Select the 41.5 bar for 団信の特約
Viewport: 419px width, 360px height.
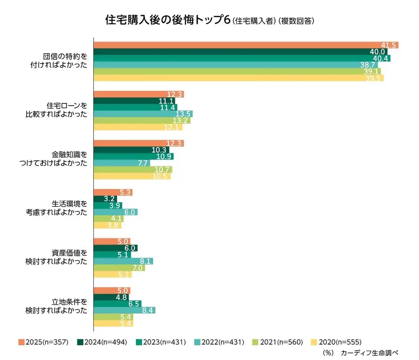tap(246, 45)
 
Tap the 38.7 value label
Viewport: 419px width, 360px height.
tap(368, 65)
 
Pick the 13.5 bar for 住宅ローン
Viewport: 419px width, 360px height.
tap(143, 114)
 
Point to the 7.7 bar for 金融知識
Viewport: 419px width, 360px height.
tap(122, 163)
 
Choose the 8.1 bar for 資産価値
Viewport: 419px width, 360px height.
tap(123, 261)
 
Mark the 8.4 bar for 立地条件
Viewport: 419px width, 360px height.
tap(124, 310)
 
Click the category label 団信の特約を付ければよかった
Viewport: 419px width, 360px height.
tap(59, 61)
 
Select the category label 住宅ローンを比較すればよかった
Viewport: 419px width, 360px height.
tap(56, 110)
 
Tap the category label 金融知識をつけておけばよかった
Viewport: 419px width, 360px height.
tap(53, 159)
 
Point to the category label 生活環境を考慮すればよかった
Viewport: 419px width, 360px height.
tap(56, 208)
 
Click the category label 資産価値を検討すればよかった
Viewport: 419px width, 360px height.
tap(56, 257)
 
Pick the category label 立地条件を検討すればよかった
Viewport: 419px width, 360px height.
tap(56, 306)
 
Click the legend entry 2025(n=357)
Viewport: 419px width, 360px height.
tap(44, 342)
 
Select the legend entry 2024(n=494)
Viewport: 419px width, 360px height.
tap(102, 342)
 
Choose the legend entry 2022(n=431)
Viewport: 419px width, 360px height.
tap(219, 342)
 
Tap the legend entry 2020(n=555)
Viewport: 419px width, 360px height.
tap(337, 342)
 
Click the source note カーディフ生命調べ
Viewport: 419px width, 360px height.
tap(369, 353)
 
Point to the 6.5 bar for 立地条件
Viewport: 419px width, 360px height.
tap(117, 304)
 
